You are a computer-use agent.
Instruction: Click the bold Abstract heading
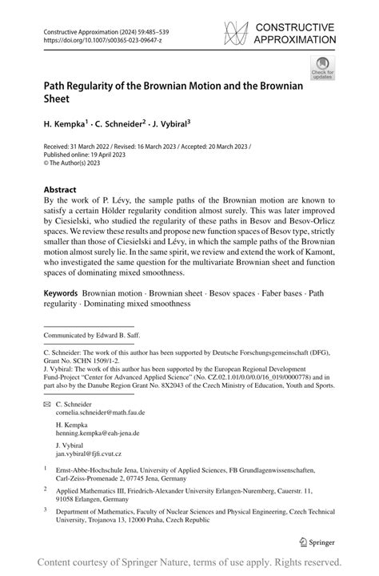[x=63, y=191]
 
